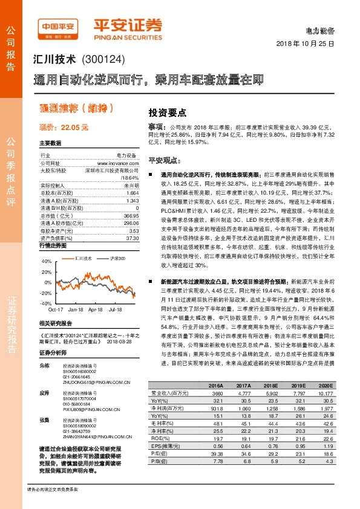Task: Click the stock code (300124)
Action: coord(106,60)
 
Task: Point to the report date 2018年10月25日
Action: coord(306,45)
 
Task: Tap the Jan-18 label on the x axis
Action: coord(76,308)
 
